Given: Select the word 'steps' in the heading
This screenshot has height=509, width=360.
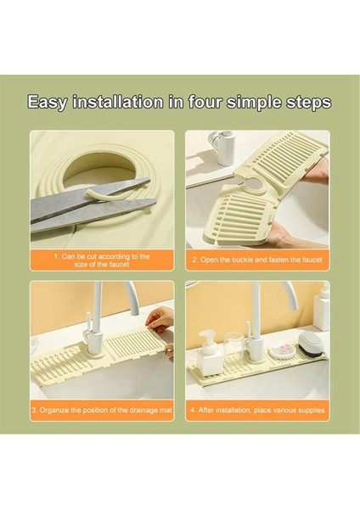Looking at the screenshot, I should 302,103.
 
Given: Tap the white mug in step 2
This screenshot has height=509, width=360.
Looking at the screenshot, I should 222,147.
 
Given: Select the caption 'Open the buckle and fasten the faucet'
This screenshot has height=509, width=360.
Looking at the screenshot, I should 257,260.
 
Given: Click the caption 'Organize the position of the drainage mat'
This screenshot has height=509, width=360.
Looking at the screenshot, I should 102,410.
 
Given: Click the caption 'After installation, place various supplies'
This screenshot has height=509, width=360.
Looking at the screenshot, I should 257,410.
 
